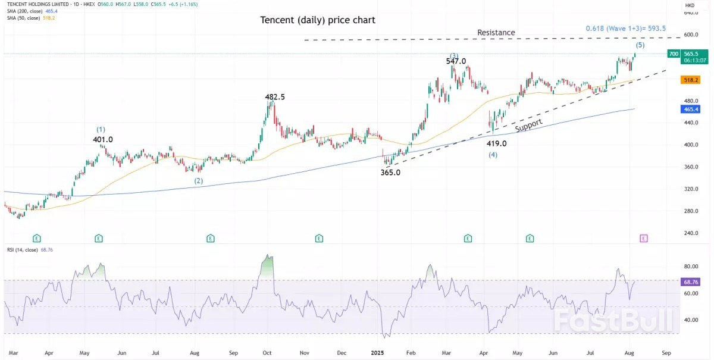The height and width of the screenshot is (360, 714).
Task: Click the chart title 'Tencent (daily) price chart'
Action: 318,20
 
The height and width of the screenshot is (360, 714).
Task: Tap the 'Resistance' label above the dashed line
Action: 496,33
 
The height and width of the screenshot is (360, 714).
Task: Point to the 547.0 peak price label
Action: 456,61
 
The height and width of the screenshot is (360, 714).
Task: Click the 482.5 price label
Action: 275,96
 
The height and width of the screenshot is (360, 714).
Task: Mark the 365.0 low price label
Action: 390,173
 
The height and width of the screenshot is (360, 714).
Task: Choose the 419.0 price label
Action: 496,143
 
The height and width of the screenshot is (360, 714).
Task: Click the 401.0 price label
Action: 103,139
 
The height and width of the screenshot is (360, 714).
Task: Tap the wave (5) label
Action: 640,45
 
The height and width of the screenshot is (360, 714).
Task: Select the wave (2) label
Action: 199,180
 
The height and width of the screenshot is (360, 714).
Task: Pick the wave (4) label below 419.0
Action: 493,155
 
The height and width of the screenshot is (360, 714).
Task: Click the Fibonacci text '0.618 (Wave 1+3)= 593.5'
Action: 625,28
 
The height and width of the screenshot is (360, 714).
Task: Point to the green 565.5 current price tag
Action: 691,54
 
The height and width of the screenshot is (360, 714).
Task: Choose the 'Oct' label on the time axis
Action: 267,352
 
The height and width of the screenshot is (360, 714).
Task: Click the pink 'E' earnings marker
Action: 643,238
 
